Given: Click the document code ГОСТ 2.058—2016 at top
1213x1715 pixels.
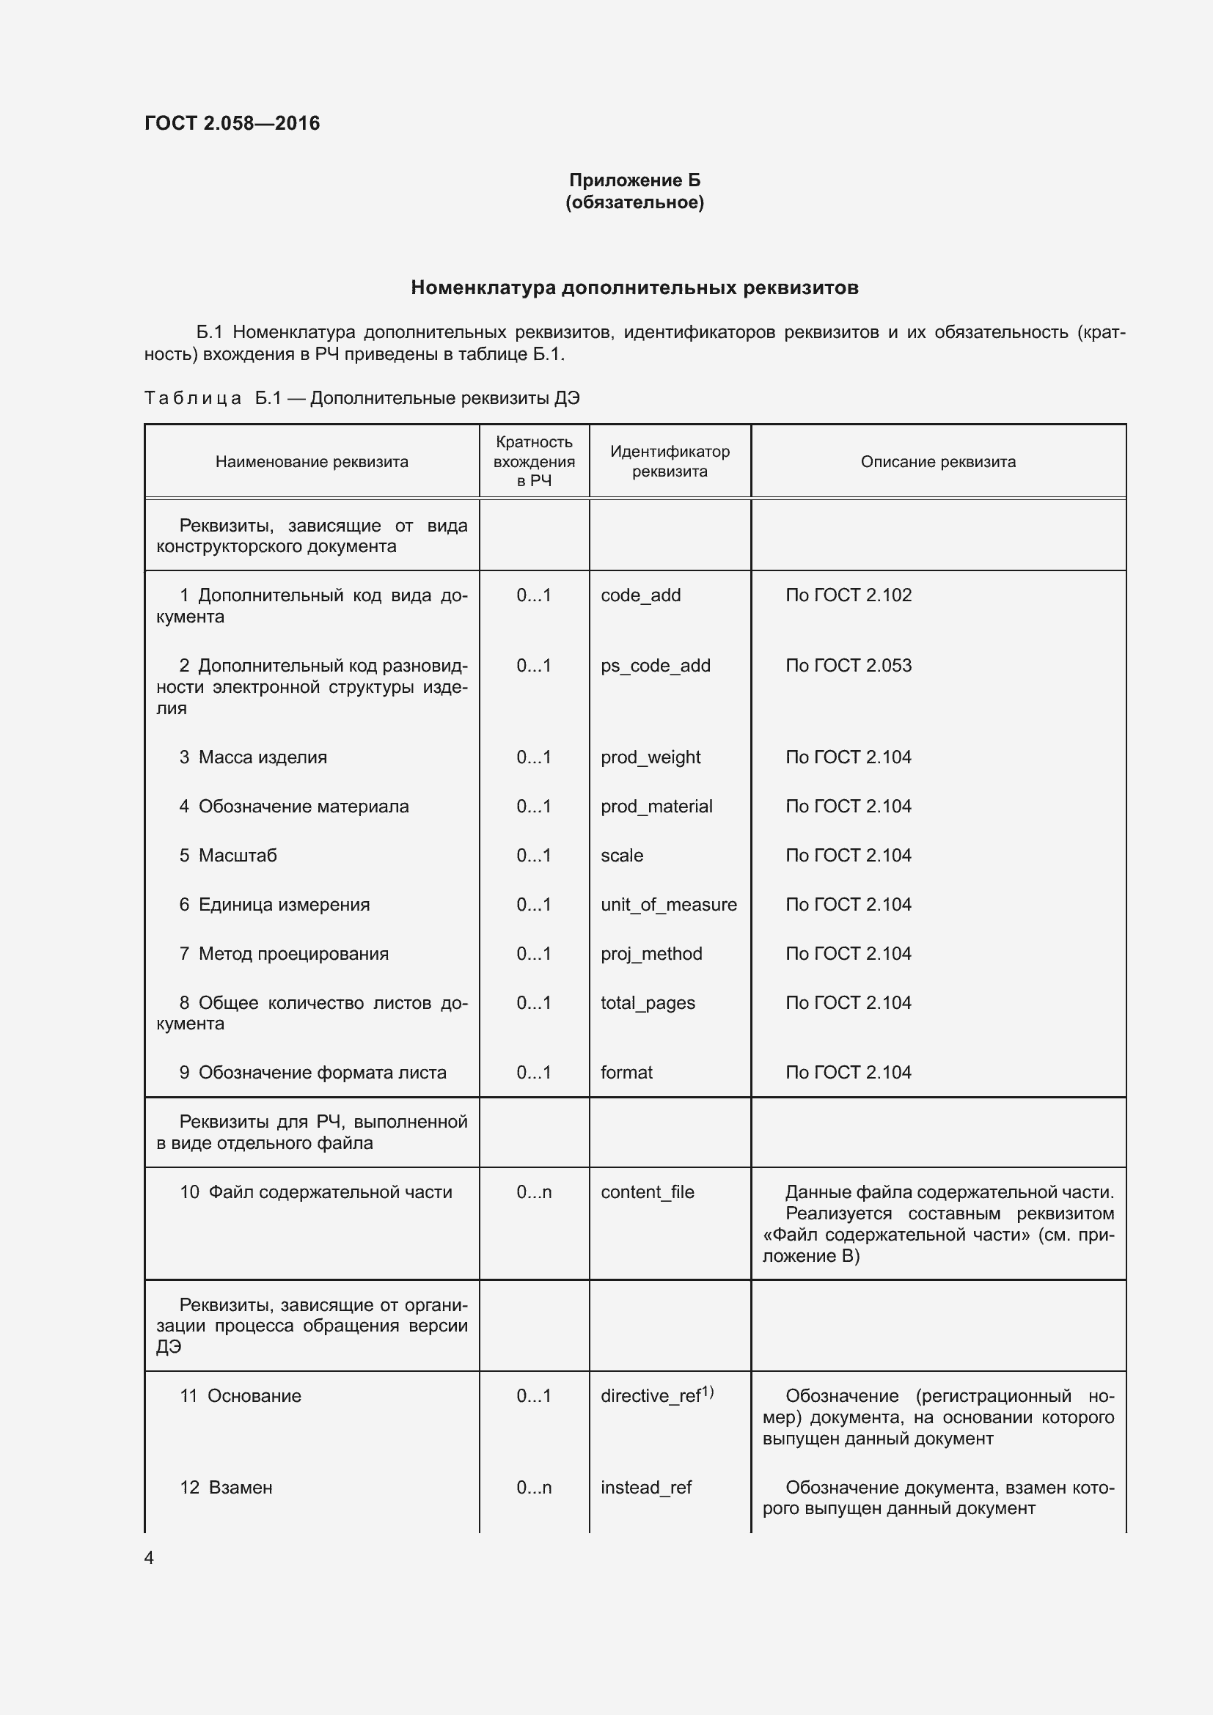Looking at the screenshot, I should click(x=232, y=123).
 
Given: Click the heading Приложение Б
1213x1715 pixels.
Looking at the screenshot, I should click(x=634, y=180).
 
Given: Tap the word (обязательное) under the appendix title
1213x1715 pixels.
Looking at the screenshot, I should click(x=634, y=202).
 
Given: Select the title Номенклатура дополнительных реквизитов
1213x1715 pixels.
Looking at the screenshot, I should click(x=634, y=287).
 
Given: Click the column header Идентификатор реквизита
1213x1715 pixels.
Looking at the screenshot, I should click(x=670, y=461).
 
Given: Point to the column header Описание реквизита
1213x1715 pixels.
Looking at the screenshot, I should click(x=937, y=462).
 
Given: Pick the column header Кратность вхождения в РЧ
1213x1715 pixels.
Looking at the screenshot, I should click(x=534, y=461).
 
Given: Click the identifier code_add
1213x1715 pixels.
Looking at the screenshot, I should click(x=640, y=595).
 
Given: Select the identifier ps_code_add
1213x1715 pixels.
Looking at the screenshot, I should click(x=655, y=666).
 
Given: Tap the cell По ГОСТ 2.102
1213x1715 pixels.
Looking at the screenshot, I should click(x=848, y=595).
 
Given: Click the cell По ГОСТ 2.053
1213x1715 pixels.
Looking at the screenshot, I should click(x=848, y=666).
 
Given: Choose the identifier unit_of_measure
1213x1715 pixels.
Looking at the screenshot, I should click(x=669, y=905).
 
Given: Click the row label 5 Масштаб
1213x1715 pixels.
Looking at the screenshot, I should click(x=228, y=855).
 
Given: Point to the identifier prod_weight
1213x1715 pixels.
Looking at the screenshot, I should click(x=650, y=757).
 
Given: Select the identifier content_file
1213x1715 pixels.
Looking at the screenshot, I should click(x=647, y=1192).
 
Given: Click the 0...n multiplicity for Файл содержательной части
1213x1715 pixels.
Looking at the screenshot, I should click(x=534, y=1192).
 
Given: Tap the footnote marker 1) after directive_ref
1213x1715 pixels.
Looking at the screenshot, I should click(x=707, y=1392).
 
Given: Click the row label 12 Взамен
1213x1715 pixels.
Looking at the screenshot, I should click(x=226, y=1487).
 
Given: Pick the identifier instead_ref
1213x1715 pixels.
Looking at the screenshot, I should click(x=645, y=1487).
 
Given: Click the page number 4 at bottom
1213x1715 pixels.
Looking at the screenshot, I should click(x=149, y=1557).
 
